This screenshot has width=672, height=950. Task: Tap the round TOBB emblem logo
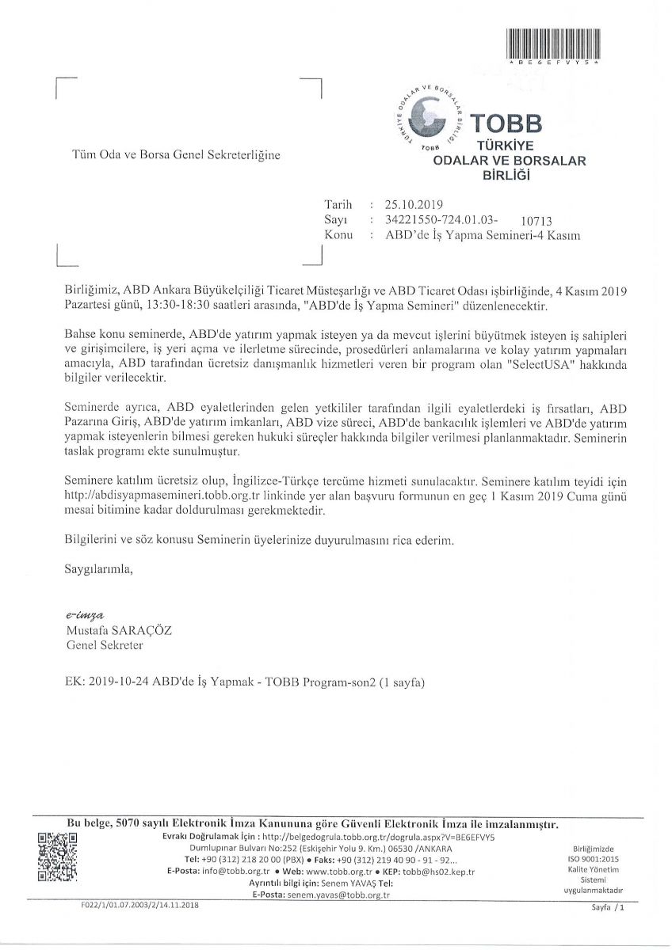pos(432,116)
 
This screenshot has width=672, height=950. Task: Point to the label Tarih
pos(338,204)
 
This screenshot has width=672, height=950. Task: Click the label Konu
pos(339,235)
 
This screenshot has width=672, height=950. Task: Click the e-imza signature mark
pos(86,614)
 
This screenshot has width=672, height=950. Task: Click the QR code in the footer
pos(57,857)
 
